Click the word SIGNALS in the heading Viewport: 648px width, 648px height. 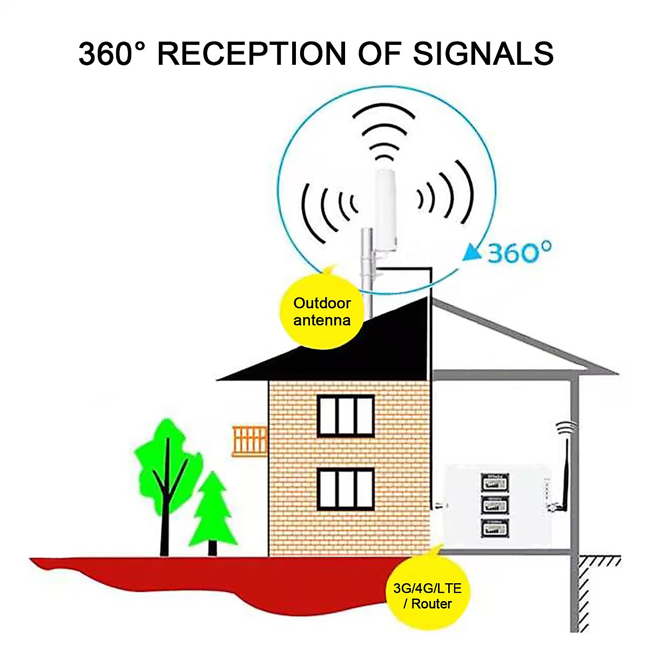click(483, 53)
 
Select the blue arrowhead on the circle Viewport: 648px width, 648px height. click(474, 251)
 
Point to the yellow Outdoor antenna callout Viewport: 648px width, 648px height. click(322, 312)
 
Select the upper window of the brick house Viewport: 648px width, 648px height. click(346, 416)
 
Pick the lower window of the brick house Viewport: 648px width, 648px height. click(346, 489)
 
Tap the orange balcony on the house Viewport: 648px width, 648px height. click(250, 441)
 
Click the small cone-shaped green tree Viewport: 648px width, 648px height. click(213, 513)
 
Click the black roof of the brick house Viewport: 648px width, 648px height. click(346, 351)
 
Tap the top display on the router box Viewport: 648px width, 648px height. click(495, 482)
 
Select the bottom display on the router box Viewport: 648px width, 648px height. click(495, 528)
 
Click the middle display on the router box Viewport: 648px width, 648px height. click(495, 505)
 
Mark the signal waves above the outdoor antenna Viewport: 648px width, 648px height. click(384, 132)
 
